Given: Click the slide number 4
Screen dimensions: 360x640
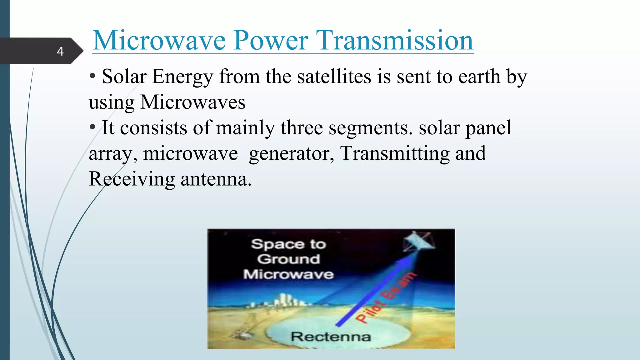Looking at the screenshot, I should (60, 51).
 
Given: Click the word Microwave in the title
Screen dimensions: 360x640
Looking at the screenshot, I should (159, 41).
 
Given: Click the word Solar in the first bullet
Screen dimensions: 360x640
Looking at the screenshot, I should (124, 77).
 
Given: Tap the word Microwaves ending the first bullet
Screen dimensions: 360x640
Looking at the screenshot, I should (193, 102).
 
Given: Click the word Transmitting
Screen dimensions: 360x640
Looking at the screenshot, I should (395, 154).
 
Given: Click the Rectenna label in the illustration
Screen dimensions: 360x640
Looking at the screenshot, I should (331, 337).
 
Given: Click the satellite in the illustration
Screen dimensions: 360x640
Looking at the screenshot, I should (418, 242).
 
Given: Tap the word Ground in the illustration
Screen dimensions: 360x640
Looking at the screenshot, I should (289, 259).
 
